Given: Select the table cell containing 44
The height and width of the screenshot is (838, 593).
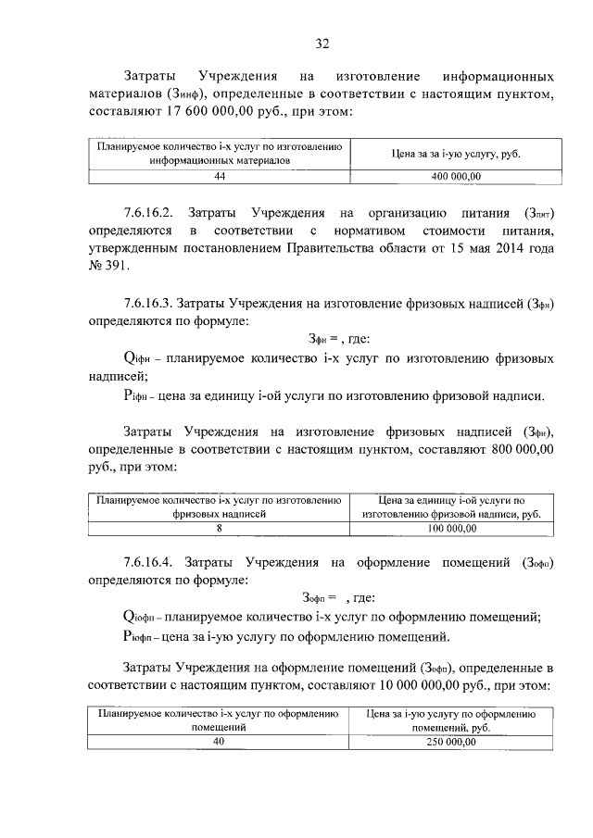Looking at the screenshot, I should click(220, 175).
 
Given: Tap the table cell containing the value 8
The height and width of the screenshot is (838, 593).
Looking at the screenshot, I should click(220, 528).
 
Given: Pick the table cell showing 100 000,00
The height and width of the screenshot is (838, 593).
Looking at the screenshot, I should click(452, 528).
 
